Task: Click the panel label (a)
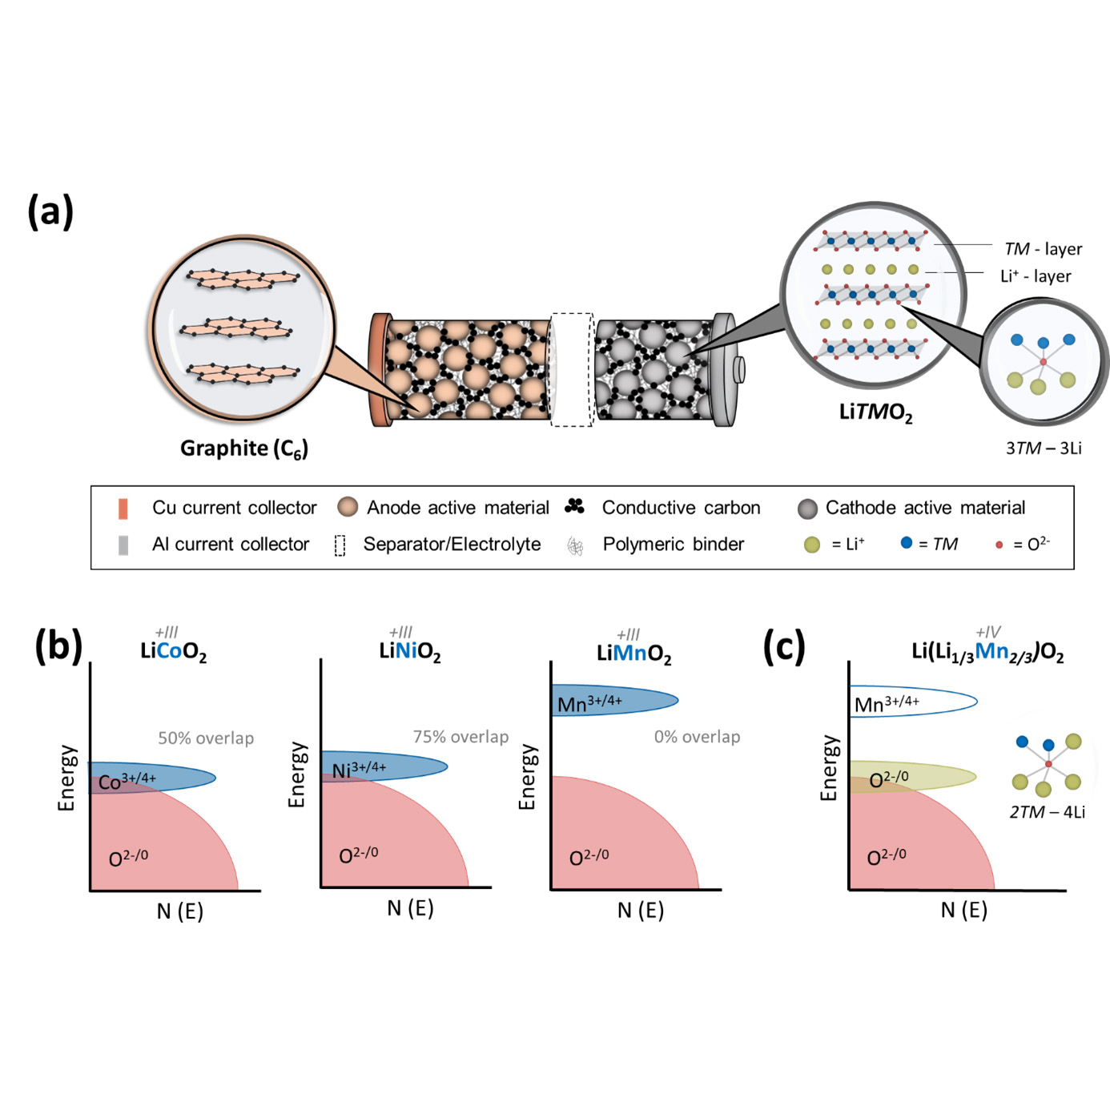[x=50, y=211]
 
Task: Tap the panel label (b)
[x=58, y=646]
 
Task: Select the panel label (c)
[x=783, y=646]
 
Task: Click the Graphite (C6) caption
[x=243, y=448]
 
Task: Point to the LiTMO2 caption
[x=875, y=412]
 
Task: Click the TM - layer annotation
[x=1043, y=249]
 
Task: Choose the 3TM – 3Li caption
[x=1044, y=448]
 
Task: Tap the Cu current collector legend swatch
[x=123, y=509]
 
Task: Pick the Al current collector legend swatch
[x=123, y=545]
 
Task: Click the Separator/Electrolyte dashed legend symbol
[x=340, y=545]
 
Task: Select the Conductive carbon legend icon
[x=574, y=506]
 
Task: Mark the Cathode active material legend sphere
[x=807, y=509]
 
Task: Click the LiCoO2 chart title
[x=173, y=652]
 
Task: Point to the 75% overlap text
[x=460, y=737]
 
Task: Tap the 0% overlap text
[x=697, y=737]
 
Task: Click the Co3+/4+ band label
[x=127, y=781]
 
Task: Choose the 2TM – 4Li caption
[x=1047, y=812]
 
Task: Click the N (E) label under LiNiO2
[x=410, y=908]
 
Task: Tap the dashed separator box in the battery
[x=572, y=370]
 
